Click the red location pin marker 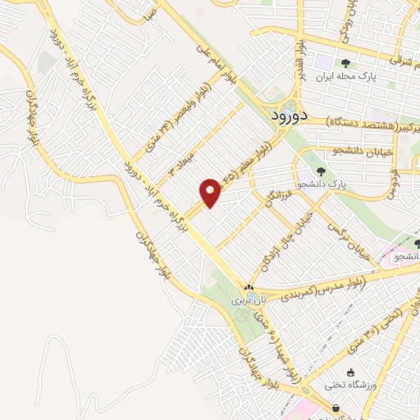(x=210, y=192)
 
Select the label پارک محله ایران (x=358, y=76)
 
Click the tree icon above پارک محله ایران (x=346, y=62)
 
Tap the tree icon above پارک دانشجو (x=320, y=172)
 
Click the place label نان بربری (x=247, y=301)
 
